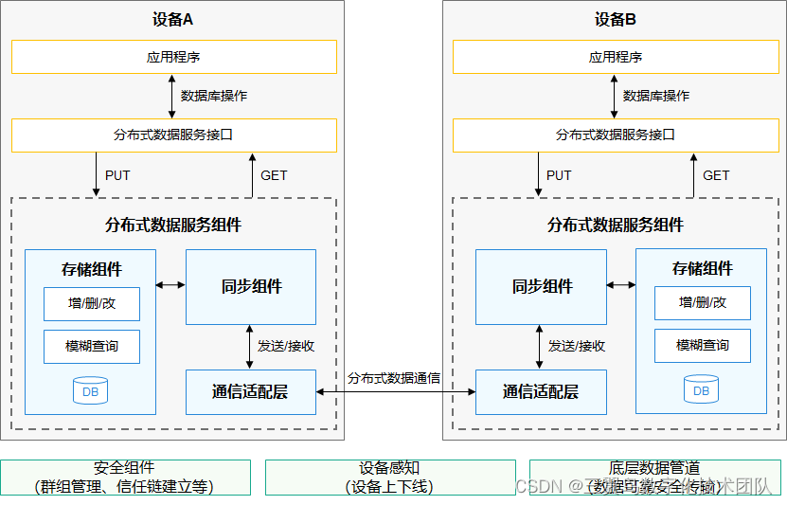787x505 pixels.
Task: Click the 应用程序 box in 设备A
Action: pyautogui.click(x=173, y=57)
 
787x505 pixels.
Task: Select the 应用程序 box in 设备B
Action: pyautogui.click(x=616, y=57)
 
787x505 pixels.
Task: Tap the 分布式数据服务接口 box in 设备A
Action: pyautogui.click(x=173, y=135)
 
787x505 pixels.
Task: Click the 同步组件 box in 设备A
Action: pyautogui.click(x=251, y=287)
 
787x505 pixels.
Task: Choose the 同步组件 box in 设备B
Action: pyautogui.click(x=542, y=287)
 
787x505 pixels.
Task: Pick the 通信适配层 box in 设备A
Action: pyautogui.click(x=251, y=391)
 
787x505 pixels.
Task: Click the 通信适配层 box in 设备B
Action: pyautogui.click(x=541, y=391)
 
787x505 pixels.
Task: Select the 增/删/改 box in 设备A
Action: pyautogui.click(x=92, y=303)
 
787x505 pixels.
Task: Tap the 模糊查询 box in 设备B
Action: pyautogui.click(x=703, y=346)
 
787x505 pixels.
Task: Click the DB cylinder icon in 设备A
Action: pyautogui.click(x=91, y=389)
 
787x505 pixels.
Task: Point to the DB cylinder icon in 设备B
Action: pyautogui.click(x=702, y=389)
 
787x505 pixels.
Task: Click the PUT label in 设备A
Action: pyautogui.click(x=118, y=175)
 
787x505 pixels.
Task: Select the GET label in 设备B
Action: pyautogui.click(x=716, y=175)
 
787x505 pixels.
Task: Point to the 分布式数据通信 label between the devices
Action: pyautogui.click(x=393, y=378)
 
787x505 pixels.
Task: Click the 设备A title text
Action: pyautogui.click(x=173, y=19)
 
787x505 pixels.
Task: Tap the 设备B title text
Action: pyautogui.click(x=616, y=19)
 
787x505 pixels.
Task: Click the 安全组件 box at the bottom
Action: pyautogui.click(x=125, y=478)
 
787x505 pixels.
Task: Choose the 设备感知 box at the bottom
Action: pyautogui.click(x=389, y=478)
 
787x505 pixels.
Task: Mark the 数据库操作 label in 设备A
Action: pyautogui.click(x=214, y=96)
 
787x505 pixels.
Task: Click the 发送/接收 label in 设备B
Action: pyautogui.click(x=576, y=346)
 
